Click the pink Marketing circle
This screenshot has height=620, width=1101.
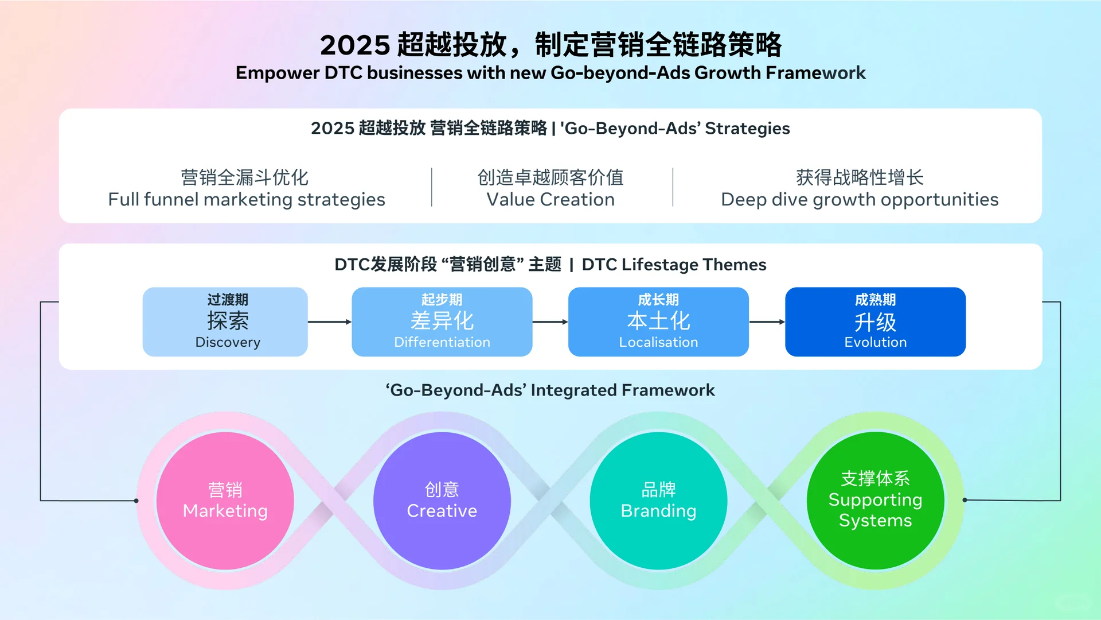[x=225, y=501]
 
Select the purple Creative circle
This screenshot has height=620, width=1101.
[x=442, y=501]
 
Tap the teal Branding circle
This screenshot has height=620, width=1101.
[x=658, y=501]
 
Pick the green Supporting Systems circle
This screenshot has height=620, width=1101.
[x=875, y=501]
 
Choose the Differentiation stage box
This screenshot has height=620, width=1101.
[x=442, y=322]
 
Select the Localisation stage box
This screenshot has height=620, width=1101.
[x=658, y=322]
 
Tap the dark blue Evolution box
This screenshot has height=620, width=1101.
[x=875, y=322]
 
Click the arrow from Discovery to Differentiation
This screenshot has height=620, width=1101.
[x=330, y=322]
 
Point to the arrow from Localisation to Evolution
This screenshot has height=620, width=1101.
[x=767, y=322]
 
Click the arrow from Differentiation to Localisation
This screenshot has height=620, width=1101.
[x=550, y=322]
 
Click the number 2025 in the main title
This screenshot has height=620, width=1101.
[x=354, y=45]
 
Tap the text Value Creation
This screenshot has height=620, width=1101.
[x=550, y=199]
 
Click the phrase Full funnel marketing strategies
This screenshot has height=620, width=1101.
[x=247, y=199]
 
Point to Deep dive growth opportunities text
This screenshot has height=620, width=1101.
[x=859, y=199]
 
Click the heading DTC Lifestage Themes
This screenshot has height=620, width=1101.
[x=674, y=265]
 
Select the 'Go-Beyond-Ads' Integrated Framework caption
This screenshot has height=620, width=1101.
[x=550, y=390]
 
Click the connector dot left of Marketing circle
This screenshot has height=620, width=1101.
[x=136, y=501]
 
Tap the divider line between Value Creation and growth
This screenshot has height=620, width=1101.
[x=673, y=187]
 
